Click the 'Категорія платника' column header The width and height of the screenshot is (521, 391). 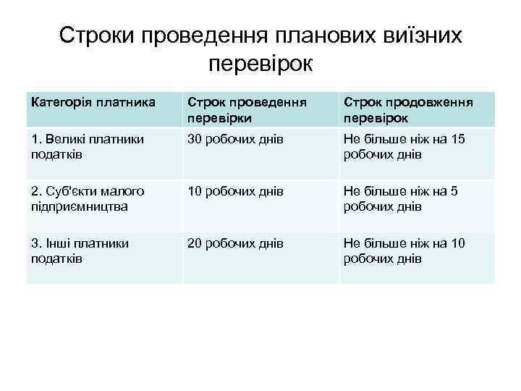(93, 102)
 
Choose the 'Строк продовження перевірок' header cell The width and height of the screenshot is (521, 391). (408, 109)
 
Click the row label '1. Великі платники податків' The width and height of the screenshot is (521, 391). (88, 146)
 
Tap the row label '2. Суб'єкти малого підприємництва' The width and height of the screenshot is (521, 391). (88, 198)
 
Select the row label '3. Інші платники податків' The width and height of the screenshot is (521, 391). (80, 251)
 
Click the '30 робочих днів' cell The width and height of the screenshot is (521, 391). (234, 139)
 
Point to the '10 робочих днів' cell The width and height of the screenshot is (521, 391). (234, 191)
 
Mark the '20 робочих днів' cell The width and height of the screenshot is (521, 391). (234, 243)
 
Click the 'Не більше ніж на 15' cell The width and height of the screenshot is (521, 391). (404, 146)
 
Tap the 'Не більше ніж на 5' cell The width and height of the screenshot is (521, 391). (401, 198)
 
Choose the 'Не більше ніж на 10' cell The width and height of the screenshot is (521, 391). (404, 251)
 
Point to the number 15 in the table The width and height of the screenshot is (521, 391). (457, 139)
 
